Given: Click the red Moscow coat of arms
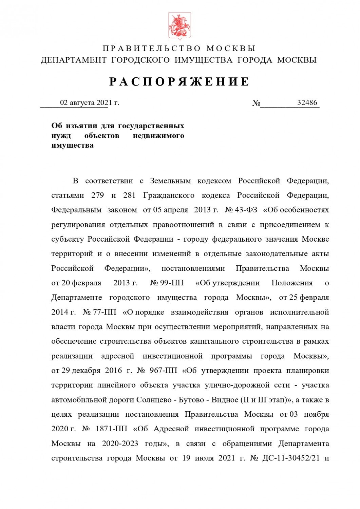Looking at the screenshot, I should pyautogui.click(x=179, y=26).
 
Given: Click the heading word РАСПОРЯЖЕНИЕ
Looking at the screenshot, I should pyautogui.click(x=179, y=82).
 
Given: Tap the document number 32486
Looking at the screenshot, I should pyautogui.click(x=307, y=102).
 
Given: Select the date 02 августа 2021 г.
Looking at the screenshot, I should pyautogui.click(x=90, y=102).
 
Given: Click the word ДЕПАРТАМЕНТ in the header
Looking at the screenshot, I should pyautogui.click(x=73, y=60).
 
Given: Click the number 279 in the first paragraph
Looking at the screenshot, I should pyautogui.click(x=98, y=195).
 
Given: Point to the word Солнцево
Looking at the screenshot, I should pyautogui.click(x=154, y=400).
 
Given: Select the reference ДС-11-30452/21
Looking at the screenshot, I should pyautogui.click(x=290, y=458).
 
